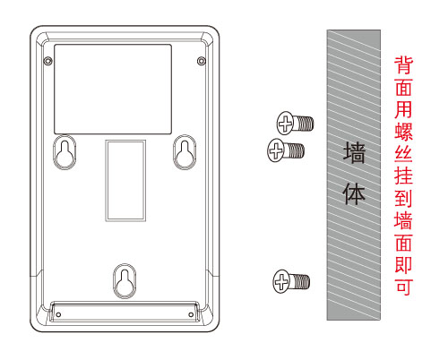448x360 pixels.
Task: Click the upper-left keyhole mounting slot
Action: [x=65, y=152]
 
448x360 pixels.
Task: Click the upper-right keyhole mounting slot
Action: [x=185, y=152]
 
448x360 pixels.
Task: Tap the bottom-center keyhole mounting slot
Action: [x=125, y=281]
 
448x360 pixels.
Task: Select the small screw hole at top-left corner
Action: [x=47, y=61]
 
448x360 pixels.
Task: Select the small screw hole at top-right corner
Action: [x=202, y=61]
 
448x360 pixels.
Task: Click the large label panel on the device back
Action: [x=113, y=90]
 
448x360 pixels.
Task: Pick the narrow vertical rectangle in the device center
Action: [x=125, y=180]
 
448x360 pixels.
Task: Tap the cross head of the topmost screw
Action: [x=286, y=123]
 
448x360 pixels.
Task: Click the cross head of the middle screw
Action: [x=276, y=150]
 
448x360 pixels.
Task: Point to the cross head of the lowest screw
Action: [x=281, y=281]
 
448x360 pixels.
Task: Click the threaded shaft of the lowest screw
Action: [x=300, y=281]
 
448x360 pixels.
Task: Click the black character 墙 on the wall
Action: [x=354, y=152]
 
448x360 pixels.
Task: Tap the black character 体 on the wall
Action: [x=354, y=194]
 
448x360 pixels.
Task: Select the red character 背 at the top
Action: [x=403, y=64]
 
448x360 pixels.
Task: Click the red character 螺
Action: [x=403, y=131]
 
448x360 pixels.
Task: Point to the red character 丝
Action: [x=403, y=153]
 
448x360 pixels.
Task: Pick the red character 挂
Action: [x=403, y=176]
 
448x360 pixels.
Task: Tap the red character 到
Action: [x=403, y=198]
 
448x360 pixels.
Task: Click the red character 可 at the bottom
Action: [x=403, y=287]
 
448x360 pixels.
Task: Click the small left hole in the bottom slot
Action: [x=58, y=314]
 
